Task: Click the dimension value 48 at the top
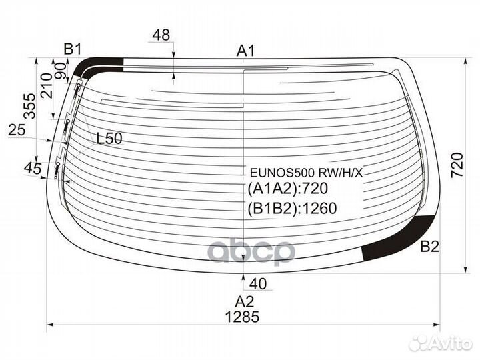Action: tap(161, 35)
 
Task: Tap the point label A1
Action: tap(245, 51)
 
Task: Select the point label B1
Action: tap(72, 49)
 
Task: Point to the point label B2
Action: tap(430, 246)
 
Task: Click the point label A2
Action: tap(244, 302)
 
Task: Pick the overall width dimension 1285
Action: tap(242, 317)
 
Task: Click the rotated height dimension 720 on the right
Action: tap(457, 165)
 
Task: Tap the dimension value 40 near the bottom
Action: tap(258, 284)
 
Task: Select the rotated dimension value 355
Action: tap(30, 106)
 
